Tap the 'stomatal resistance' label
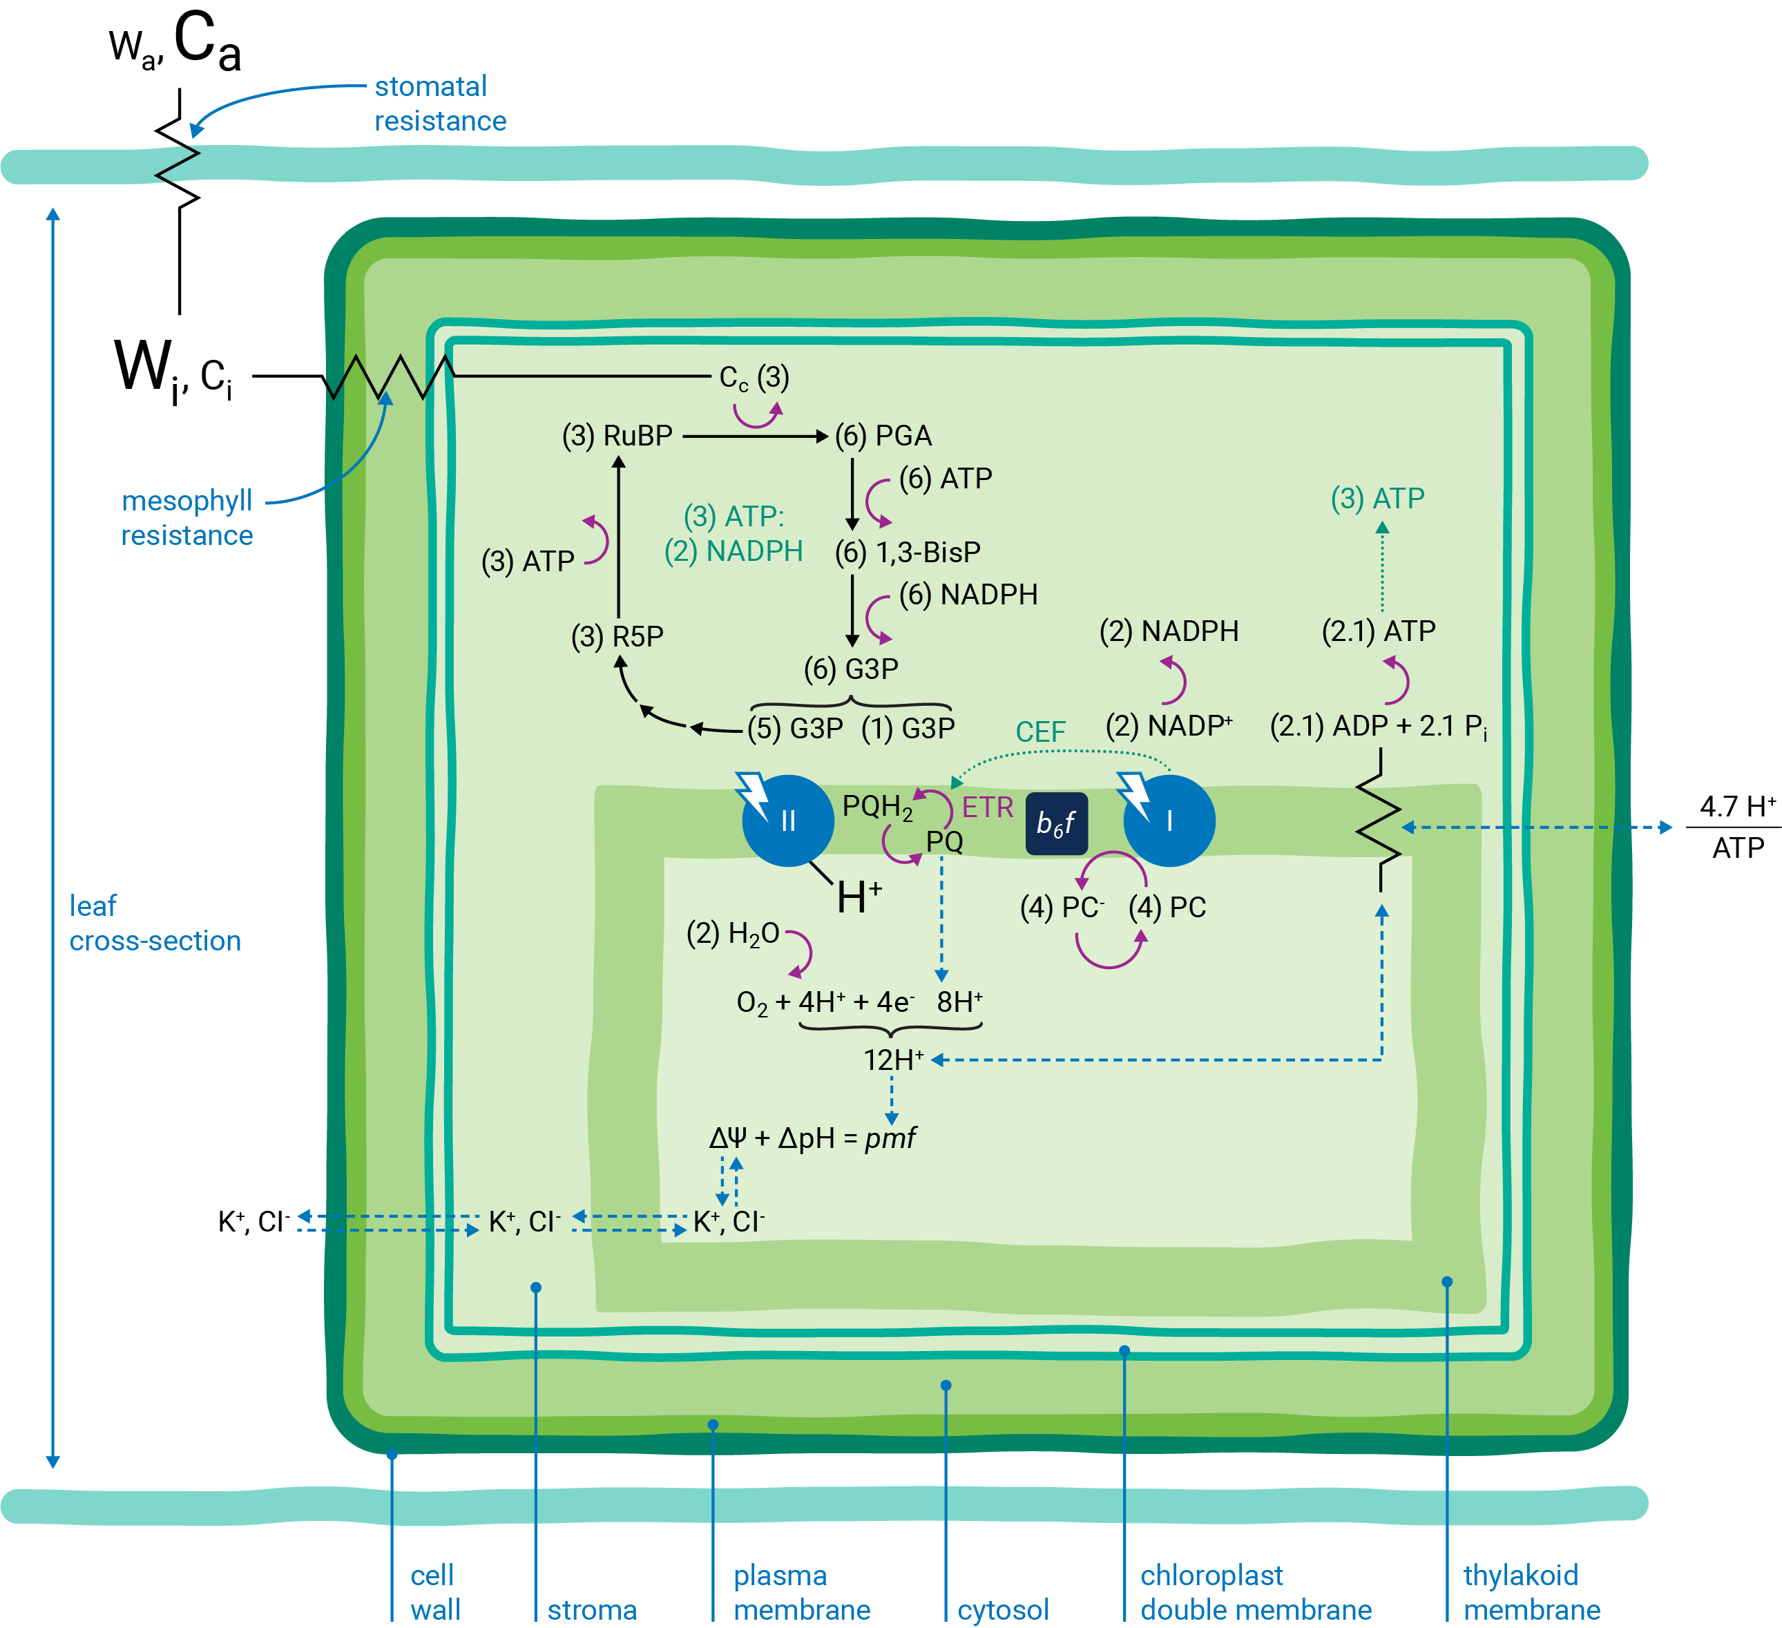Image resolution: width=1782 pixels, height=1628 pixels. [439, 104]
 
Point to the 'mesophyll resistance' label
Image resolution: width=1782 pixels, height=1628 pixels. [186, 518]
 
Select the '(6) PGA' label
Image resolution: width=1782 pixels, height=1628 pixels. [883, 436]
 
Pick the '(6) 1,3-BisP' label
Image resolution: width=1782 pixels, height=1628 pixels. [908, 553]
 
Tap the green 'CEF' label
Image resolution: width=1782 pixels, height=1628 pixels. [1040, 731]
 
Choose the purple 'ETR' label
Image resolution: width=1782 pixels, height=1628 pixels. [987, 807]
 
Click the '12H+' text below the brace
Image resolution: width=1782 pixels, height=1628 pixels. [893, 1060]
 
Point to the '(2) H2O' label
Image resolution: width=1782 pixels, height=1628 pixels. [733, 933]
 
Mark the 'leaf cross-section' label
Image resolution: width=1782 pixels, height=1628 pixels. [155, 923]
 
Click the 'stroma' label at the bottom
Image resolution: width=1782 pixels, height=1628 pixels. [591, 1609]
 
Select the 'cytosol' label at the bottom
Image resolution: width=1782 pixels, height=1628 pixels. [1004, 1609]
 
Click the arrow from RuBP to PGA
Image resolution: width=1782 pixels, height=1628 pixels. [754, 436]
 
